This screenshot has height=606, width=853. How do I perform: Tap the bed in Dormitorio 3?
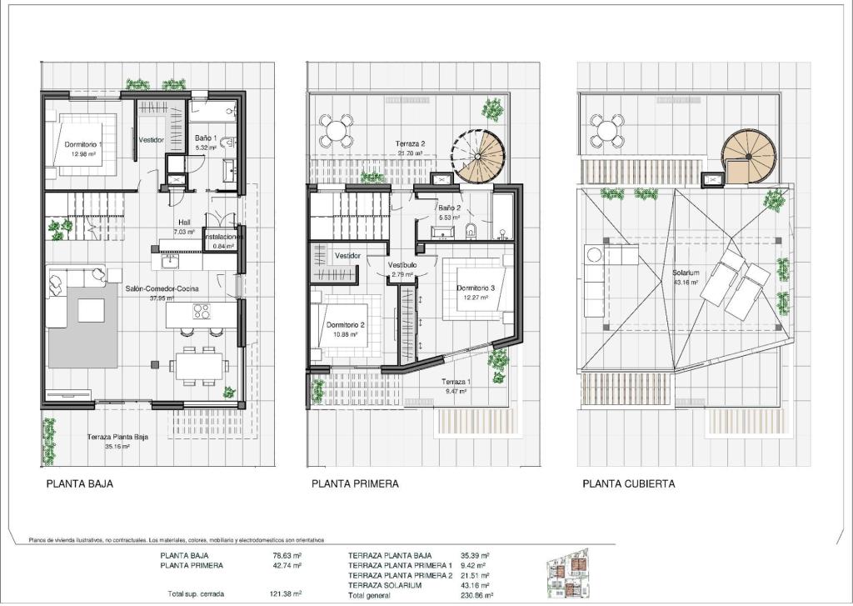[x=475, y=293]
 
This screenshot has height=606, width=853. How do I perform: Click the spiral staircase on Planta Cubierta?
[x=748, y=156]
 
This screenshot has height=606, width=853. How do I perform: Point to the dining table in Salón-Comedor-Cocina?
[x=198, y=363]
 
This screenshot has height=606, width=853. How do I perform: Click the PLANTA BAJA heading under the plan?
[x=79, y=483]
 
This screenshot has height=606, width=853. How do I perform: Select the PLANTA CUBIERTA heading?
[x=629, y=483]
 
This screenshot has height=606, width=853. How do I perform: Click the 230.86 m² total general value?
[x=477, y=596]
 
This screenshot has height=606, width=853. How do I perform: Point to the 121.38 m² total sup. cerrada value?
[x=287, y=593]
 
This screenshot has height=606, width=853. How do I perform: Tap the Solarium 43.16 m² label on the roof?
[x=686, y=277]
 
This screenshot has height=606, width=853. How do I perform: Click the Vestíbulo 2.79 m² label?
[x=402, y=268]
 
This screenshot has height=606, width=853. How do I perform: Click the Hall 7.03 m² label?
[x=184, y=227]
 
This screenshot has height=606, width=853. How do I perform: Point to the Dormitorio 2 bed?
[x=350, y=325]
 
